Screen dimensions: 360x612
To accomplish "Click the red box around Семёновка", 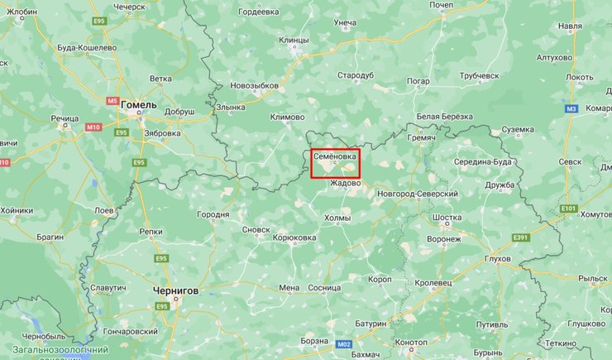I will click(336, 163).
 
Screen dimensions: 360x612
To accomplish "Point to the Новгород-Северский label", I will click(417, 193).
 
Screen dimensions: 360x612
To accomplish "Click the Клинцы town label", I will click(294, 40).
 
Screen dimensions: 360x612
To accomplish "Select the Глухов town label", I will click(496, 258).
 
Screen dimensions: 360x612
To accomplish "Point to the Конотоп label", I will click(411, 342).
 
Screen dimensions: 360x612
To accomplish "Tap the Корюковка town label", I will click(294, 238).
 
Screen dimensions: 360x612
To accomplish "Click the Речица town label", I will click(65, 119).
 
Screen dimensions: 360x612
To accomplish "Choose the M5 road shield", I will click(112, 101).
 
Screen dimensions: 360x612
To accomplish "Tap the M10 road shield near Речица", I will click(93, 127).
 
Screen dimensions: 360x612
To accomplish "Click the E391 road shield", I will click(520, 238).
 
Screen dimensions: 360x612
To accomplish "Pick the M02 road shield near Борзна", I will click(344, 343).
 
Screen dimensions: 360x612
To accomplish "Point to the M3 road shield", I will click(571, 108).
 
